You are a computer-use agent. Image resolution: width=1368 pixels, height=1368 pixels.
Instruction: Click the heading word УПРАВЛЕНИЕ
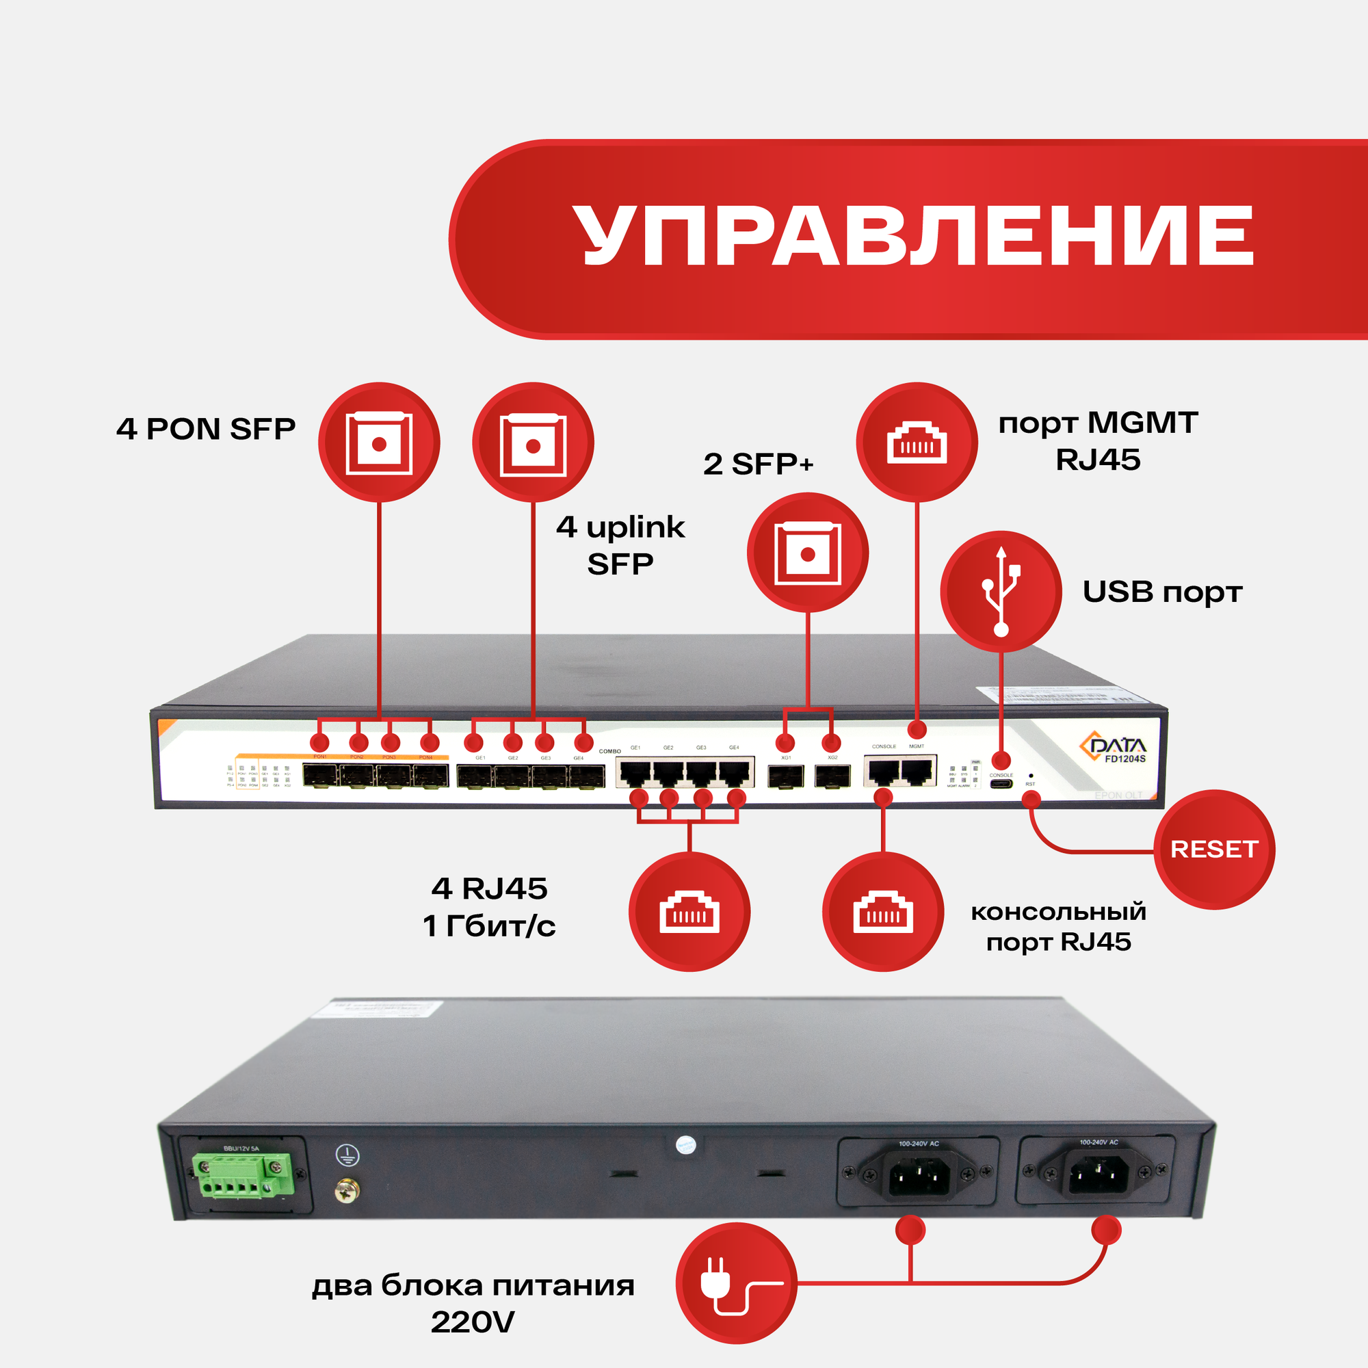pos(912,238)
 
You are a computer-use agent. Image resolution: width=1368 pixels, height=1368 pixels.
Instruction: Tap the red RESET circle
pos(1213,849)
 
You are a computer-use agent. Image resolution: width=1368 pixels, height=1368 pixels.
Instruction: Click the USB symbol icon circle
pos(1001,592)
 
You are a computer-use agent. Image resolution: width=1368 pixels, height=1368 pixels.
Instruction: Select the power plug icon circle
pos(736,1283)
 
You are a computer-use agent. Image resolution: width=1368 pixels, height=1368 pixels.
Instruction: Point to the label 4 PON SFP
pos(205,429)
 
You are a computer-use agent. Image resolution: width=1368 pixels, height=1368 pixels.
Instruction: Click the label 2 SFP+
pos(758,464)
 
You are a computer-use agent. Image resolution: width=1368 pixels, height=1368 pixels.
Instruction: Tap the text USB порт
pos(1162,592)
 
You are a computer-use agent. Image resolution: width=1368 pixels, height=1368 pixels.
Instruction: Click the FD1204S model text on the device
pos(1125,759)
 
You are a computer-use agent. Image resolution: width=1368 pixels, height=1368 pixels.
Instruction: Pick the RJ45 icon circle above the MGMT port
pos(917,443)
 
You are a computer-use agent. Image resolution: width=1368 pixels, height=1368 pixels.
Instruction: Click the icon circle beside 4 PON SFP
pos(379,443)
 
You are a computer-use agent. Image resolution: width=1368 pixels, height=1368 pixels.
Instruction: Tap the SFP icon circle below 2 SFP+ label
pos(807,552)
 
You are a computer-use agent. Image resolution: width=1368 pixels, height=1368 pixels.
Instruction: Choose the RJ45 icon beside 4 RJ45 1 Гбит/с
pos(689,911)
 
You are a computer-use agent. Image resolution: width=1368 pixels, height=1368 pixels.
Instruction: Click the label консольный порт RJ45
pos(1058,927)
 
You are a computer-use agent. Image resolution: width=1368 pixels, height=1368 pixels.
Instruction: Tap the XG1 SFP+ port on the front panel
pos(786,777)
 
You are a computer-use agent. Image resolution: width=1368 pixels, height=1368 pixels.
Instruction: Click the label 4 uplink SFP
pos(620,545)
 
